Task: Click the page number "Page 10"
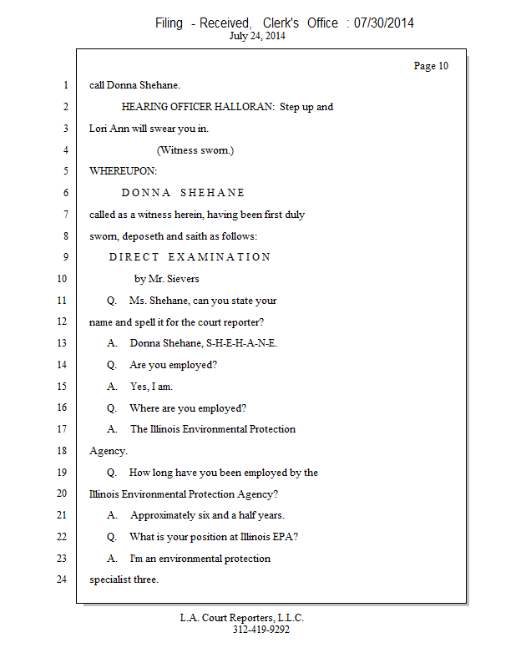coord(431,66)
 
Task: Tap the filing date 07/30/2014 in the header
coord(383,23)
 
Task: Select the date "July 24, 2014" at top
coord(257,36)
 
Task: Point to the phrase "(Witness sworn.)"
coord(195,150)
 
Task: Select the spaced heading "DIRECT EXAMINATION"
coord(190,257)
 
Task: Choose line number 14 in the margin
coord(60,365)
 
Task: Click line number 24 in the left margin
coord(60,579)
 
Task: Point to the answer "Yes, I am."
coord(151,387)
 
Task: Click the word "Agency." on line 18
coord(108,451)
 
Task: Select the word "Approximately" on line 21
coord(163,515)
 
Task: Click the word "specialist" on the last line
coord(110,579)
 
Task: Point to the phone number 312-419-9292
coord(261,630)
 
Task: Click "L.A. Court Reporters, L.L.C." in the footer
coord(242,618)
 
